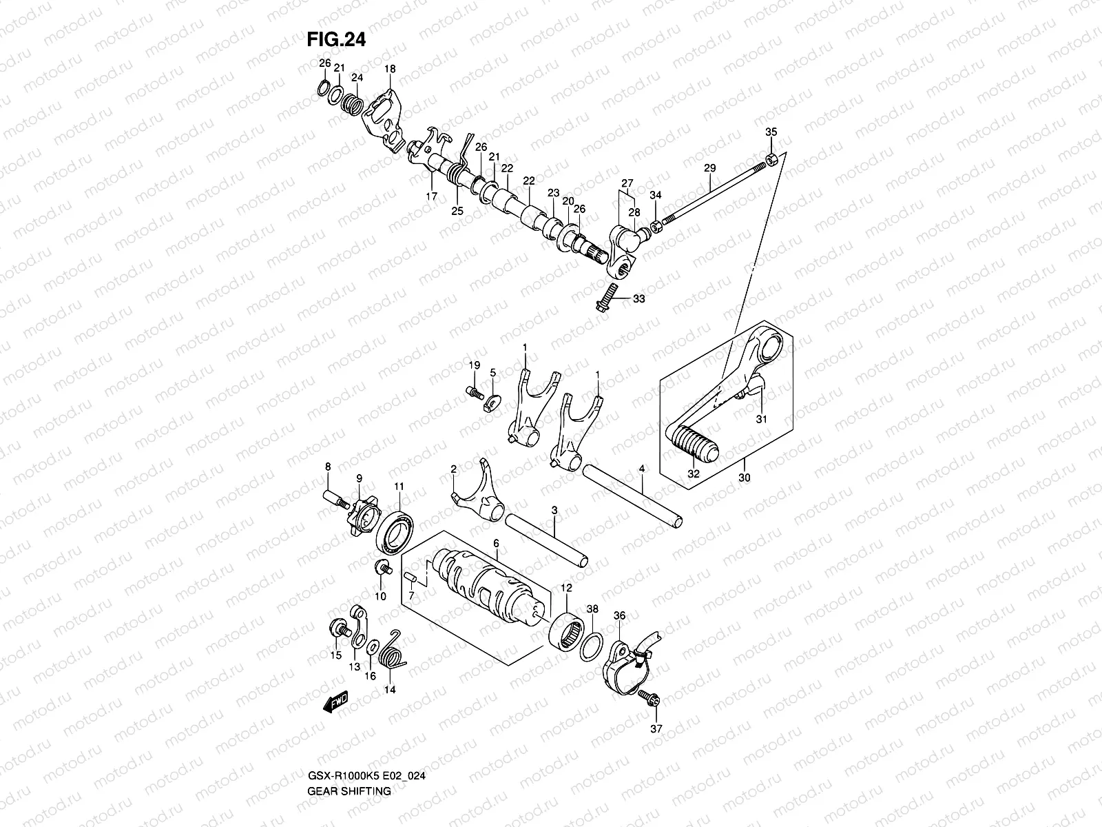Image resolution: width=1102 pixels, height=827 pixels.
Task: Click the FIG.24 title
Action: click(335, 39)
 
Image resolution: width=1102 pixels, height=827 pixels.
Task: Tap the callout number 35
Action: click(771, 132)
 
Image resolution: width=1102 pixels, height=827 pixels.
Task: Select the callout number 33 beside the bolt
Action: click(639, 299)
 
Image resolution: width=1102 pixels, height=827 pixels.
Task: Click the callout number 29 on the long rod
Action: click(709, 167)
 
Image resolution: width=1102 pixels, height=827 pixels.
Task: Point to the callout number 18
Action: click(390, 69)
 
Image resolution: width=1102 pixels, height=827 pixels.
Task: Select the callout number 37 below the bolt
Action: click(655, 728)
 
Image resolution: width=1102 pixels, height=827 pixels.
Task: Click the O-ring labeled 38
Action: click(591, 647)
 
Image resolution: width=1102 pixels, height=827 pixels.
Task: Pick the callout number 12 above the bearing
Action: click(566, 588)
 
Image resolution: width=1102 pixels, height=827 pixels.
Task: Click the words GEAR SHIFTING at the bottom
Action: click(349, 753)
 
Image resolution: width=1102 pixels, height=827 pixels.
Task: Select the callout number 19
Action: click(475, 365)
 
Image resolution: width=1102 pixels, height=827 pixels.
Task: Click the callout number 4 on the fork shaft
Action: click(641, 469)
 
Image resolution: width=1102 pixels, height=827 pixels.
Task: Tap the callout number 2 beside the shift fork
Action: click(454, 469)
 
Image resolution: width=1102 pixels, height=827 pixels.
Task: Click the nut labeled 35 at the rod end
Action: click(772, 160)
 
